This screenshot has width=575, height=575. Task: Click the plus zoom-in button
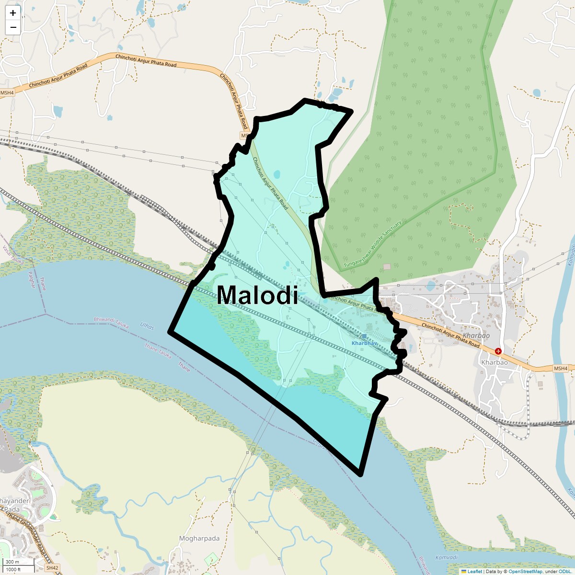click(13, 13)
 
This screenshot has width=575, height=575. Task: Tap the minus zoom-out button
click(13, 27)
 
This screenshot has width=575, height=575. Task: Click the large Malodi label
click(257, 295)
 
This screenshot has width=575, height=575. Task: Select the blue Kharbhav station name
click(365, 344)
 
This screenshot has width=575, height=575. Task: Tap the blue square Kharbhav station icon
click(364, 336)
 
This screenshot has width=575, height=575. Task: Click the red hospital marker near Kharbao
click(498, 351)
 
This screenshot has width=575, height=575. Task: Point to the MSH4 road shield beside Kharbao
click(560, 368)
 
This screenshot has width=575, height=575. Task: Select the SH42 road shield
click(52, 568)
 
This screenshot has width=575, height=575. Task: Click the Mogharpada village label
click(199, 538)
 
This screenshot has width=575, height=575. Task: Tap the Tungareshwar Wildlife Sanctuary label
click(372, 244)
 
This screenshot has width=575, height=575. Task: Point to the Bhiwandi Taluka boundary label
click(112, 322)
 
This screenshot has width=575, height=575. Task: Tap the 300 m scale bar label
click(12, 562)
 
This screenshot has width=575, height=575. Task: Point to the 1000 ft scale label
click(13, 569)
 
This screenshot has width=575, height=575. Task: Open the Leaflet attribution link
click(474, 571)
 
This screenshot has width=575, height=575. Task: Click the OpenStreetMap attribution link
click(525, 571)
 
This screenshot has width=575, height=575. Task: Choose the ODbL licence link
click(564, 571)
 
